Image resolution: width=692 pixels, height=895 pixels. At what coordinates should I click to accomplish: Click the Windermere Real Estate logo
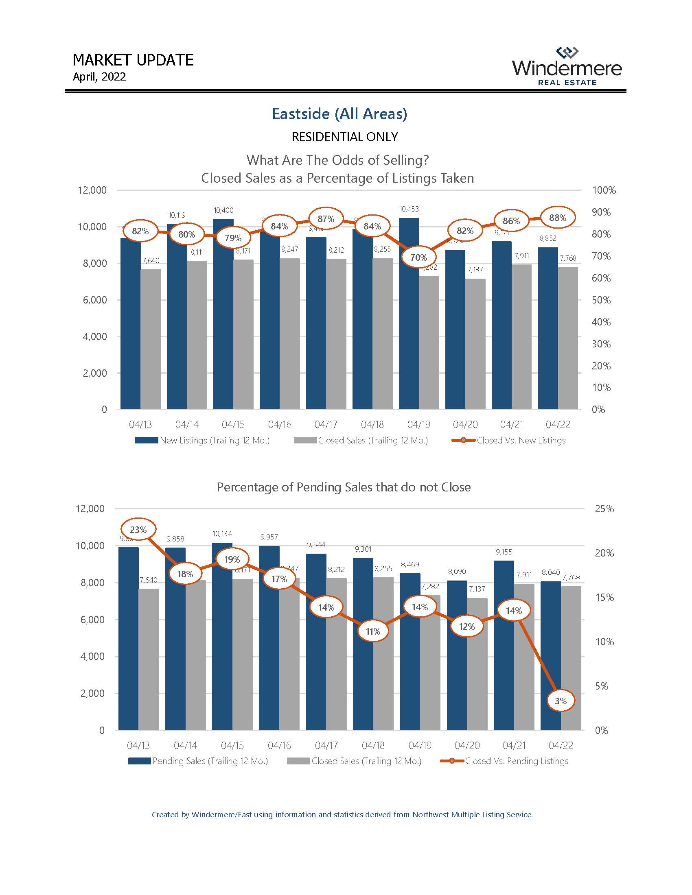point(567,67)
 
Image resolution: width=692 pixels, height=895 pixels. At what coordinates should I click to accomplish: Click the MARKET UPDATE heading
point(133,60)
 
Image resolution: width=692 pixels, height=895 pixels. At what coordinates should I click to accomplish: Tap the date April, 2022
point(99,77)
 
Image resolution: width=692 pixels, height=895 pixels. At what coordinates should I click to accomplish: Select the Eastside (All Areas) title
point(339,114)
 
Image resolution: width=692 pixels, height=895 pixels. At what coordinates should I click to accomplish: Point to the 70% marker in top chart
point(418,258)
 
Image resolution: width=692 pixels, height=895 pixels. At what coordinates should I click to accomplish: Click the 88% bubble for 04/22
point(558,218)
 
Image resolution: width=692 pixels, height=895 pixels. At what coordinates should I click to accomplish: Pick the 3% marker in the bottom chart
point(561,701)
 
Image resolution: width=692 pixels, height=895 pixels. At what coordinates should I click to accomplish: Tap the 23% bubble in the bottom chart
point(138,529)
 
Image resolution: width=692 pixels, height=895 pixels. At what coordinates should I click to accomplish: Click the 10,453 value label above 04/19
point(409,209)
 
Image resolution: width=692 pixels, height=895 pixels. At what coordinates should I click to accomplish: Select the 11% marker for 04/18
point(372,631)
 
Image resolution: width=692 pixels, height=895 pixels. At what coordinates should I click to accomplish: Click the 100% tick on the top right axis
point(604,190)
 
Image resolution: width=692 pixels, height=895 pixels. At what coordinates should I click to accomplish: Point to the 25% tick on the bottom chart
point(604,509)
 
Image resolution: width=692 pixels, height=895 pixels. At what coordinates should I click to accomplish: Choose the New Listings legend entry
point(203,441)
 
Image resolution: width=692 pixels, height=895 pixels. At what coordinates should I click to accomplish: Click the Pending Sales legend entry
point(198,761)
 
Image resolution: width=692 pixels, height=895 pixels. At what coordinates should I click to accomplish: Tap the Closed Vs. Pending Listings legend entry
point(505,761)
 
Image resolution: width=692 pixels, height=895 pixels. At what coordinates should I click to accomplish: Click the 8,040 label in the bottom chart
point(551,572)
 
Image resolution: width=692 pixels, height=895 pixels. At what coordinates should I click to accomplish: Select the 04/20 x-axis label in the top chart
point(465,425)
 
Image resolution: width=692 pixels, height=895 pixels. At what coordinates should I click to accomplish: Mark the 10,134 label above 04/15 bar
point(222,534)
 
